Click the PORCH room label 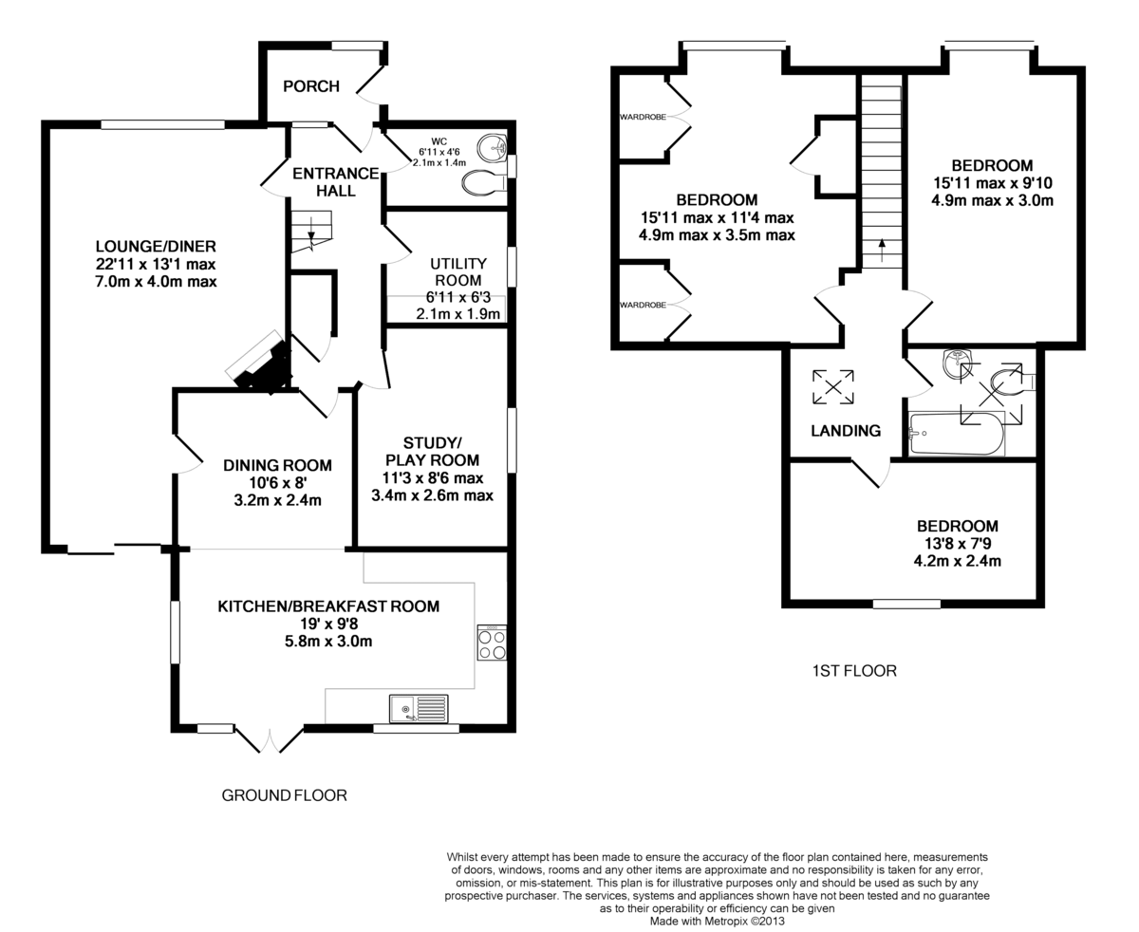(311, 86)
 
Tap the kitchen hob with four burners (492, 643)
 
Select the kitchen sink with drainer (419, 708)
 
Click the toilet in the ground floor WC (484, 183)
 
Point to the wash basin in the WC (492, 147)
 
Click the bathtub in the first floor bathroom (957, 434)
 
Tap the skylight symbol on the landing (833, 386)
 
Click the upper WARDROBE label (643, 117)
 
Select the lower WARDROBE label (643, 305)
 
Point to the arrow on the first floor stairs (882, 251)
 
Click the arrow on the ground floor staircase (311, 238)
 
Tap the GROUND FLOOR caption (284, 795)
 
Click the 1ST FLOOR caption (854, 671)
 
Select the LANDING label (846, 431)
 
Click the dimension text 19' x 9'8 (329, 624)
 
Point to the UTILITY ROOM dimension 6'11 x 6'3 (458, 297)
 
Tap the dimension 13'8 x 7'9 (958, 543)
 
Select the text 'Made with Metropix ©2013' (717, 922)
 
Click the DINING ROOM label (277, 465)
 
